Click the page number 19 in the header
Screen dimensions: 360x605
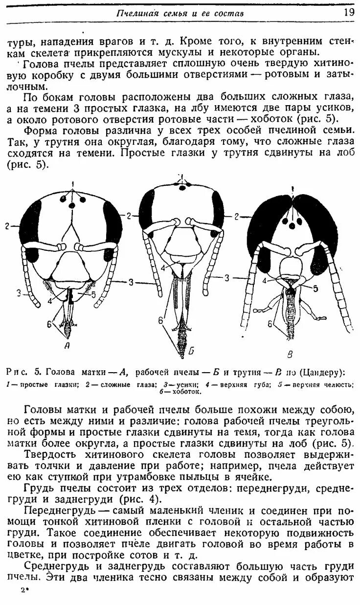tap(349, 13)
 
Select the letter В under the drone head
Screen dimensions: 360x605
tap(290, 353)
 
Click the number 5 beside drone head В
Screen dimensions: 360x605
tap(315, 289)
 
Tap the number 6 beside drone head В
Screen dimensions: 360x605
tap(270, 323)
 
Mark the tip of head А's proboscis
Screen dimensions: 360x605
tap(71, 337)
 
